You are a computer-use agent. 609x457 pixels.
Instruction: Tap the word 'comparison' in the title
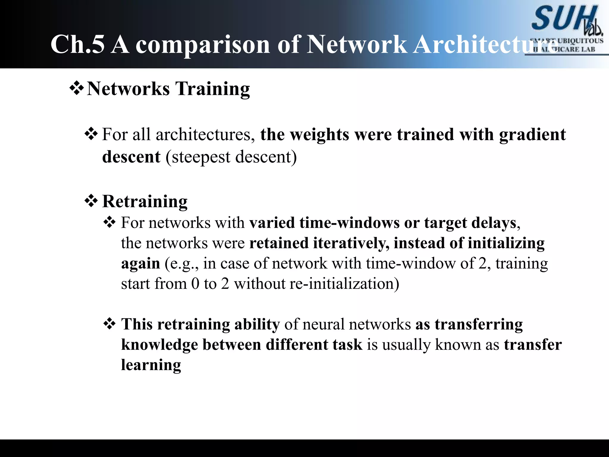(203, 45)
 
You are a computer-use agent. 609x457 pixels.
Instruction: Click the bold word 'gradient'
(532, 134)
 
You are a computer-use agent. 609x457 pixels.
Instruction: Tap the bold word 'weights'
(319, 134)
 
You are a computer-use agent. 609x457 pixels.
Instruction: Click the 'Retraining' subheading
(145, 201)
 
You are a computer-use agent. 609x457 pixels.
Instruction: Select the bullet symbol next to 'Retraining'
(91, 201)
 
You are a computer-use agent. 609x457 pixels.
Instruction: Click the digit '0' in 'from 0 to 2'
(195, 284)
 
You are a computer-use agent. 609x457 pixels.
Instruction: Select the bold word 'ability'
(257, 324)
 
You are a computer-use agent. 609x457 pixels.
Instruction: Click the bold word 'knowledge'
(160, 345)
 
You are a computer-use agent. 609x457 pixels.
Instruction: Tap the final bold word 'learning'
(151, 365)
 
